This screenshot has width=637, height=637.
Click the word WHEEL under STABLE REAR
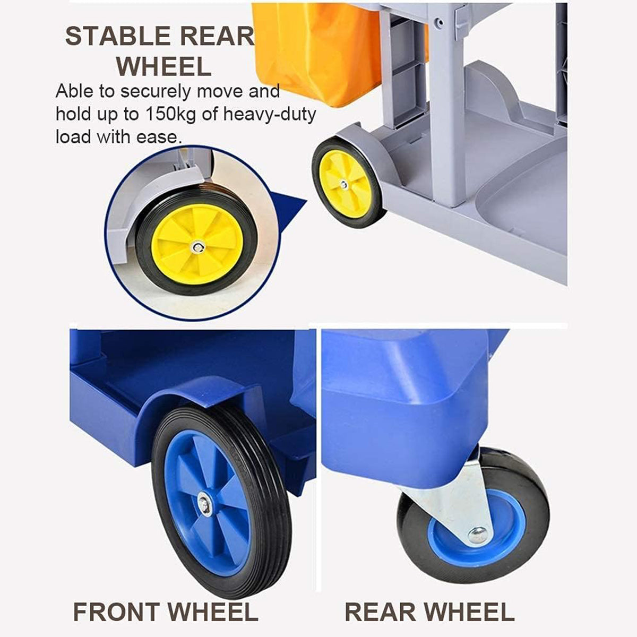(164, 66)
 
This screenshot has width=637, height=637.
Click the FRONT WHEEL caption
(165, 612)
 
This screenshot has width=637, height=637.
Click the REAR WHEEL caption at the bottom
(429, 612)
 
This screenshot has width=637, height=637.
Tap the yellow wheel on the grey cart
(348, 183)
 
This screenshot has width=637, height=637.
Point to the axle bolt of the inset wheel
(198, 247)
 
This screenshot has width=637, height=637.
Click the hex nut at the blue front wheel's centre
(204, 503)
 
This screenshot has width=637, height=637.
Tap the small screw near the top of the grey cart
(439, 23)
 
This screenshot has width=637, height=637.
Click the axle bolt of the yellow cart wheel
(344, 185)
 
